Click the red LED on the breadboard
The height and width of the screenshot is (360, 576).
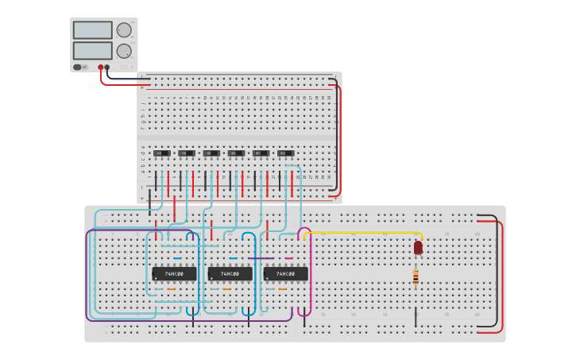[x=418, y=247]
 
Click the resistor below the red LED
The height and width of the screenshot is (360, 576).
[x=416, y=277]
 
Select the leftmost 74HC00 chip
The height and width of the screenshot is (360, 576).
[x=174, y=273]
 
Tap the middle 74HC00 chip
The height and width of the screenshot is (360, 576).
[x=230, y=273]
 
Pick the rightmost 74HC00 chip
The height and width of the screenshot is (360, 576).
[x=285, y=273]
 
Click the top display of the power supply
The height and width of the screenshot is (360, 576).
[x=92, y=30]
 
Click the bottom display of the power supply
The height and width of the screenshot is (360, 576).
[x=92, y=50]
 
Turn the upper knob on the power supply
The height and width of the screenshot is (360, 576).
[x=124, y=30]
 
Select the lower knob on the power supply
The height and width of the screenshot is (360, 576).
[x=124, y=51]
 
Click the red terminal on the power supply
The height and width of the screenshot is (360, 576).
[x=101, y=68]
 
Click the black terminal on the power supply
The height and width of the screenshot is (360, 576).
[x=107, y=68]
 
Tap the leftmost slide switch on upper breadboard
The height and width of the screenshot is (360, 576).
[x=161, y=153]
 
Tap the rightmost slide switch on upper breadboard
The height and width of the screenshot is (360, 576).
[x=285, y=153]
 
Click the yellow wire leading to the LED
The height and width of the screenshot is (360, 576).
[x=365, y=233]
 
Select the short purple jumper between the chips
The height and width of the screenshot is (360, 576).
[x=261, y=258]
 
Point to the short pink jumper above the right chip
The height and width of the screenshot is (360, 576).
[x=288, y=258]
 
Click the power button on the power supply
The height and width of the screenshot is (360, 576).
[x=77, y=68]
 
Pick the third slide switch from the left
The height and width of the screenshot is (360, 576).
[x=211, y=153]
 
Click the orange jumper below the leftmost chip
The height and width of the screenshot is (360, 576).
[x=171, y=289]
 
